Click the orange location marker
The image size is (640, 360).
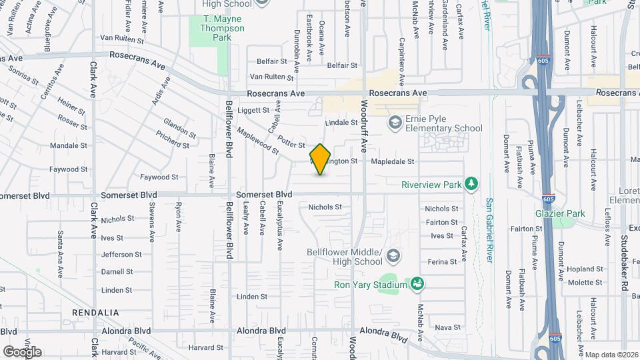coord(321,159)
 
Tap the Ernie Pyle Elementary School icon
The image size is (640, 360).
coord(395,121)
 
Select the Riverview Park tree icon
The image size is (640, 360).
coord(471,183)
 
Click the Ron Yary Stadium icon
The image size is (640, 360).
coord(418,285)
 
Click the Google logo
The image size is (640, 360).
coord(22,351)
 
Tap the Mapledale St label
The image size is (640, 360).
coord(393,161)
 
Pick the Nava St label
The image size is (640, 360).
coord(447,327)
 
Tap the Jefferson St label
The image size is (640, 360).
coord(121,254)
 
